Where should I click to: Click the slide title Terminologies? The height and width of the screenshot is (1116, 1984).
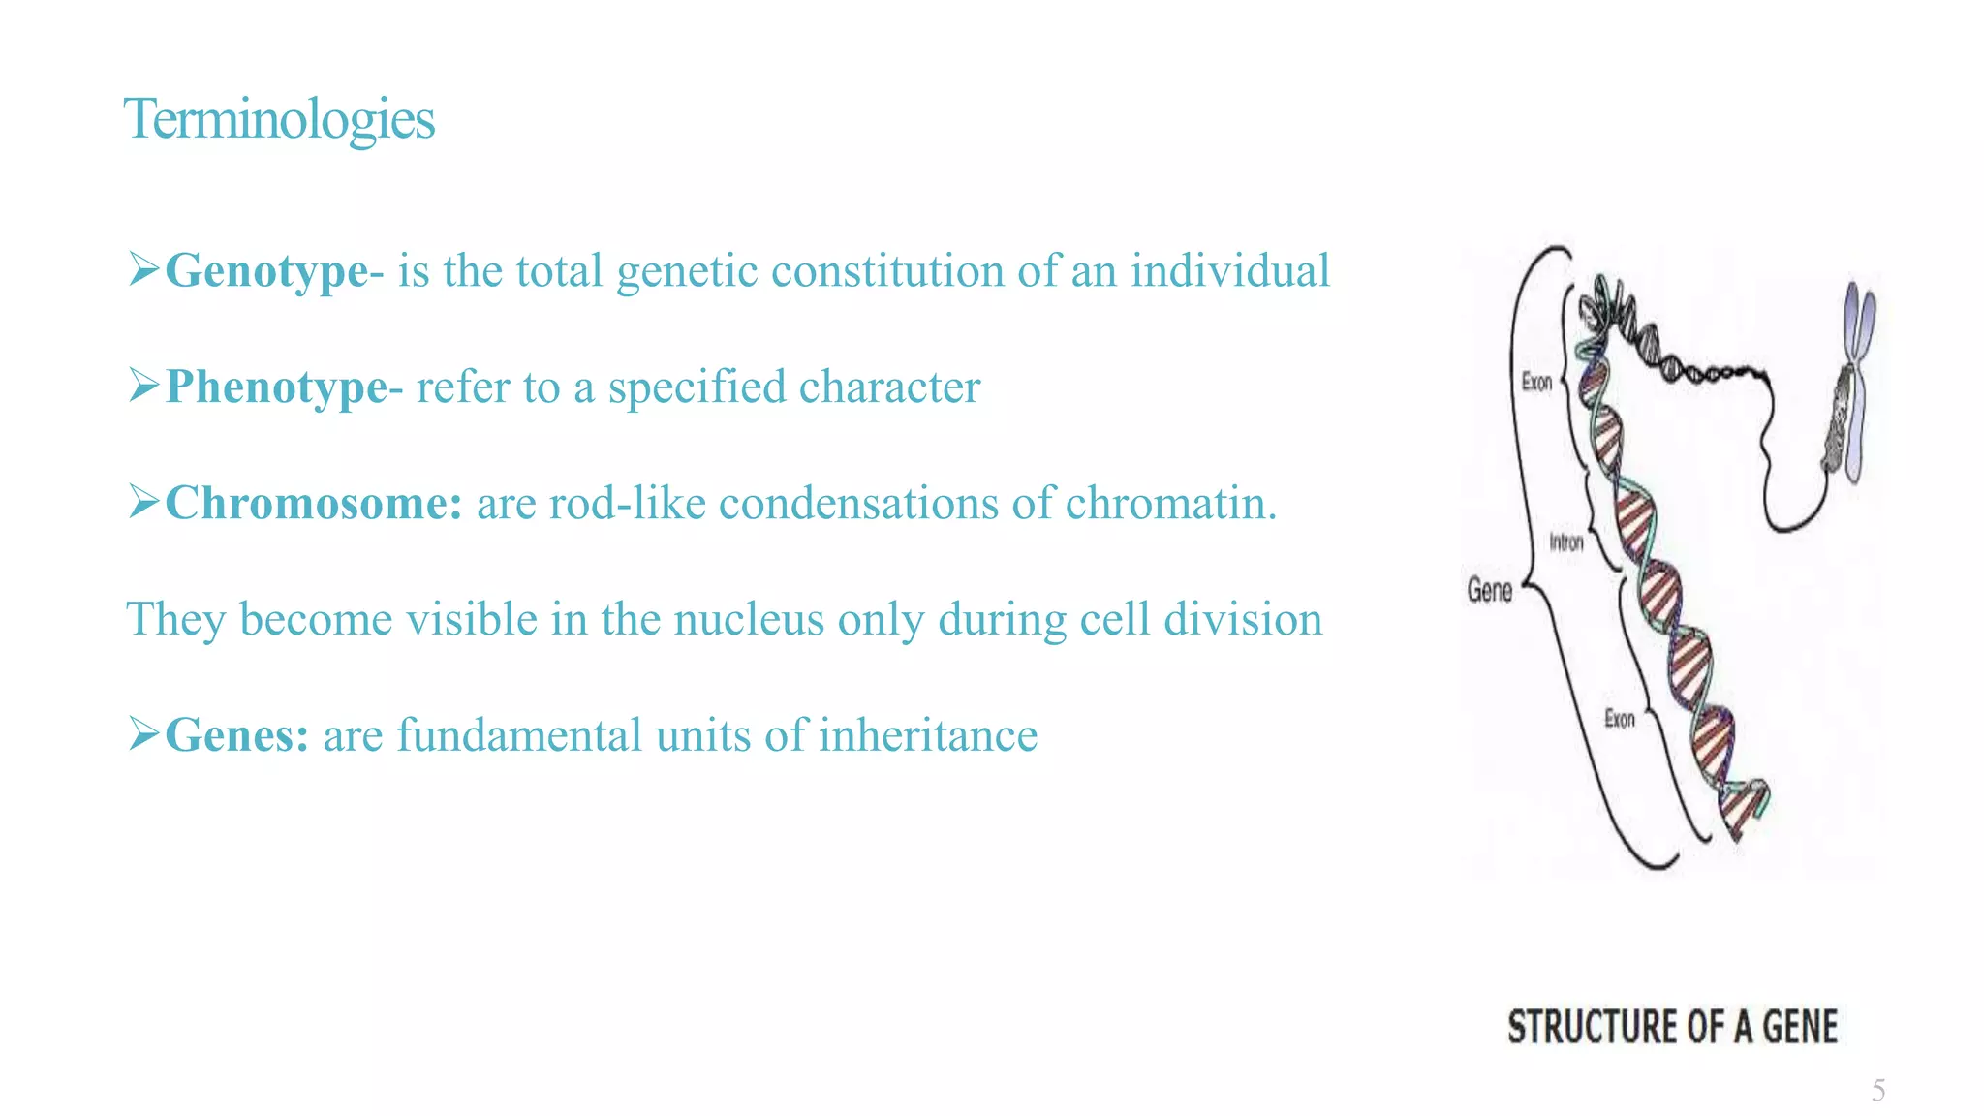(x=279, y=119)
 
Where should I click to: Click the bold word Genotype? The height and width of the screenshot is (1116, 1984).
(x=266, y=271)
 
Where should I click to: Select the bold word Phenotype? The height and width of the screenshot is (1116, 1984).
(x=276, y=387)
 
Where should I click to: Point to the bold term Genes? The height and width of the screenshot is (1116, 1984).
(x=236, y=735)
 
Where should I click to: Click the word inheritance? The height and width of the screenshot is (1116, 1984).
(x=927, y=735)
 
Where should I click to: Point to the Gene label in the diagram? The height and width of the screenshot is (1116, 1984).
(x=1489, y=590)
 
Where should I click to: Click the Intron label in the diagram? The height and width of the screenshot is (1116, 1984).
(x=1565, y=542)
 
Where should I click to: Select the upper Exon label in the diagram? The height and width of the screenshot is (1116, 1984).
(x=1536, y=382)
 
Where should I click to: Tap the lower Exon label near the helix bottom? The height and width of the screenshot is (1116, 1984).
(x=1620, y=719)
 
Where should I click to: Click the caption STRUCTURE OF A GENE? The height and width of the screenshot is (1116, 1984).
(x=1671, y=1027)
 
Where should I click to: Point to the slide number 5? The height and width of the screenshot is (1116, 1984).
(x=1877, y=1091)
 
